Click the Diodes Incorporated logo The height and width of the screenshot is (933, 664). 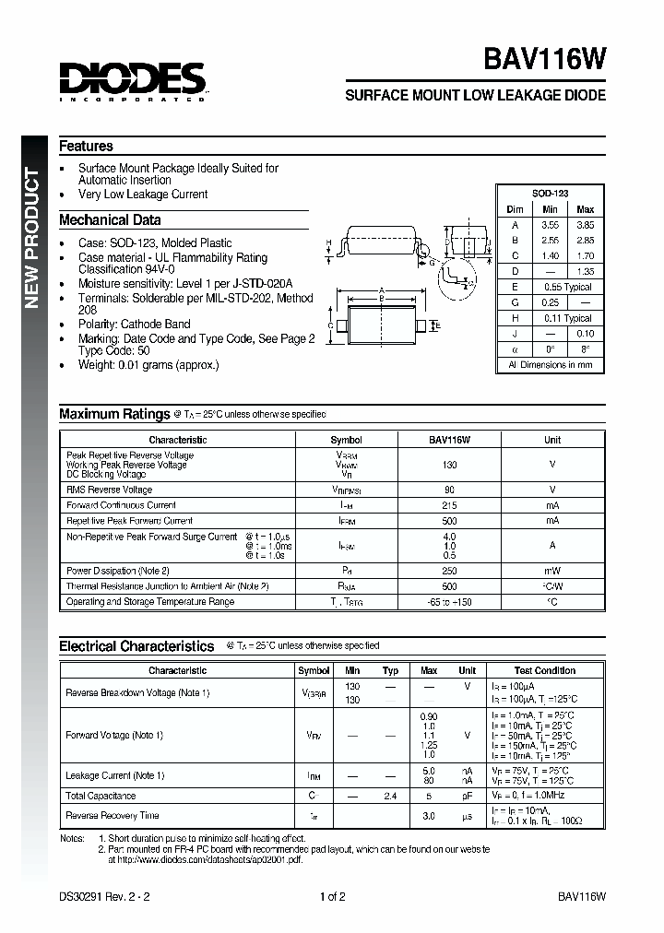[x=132, y=81]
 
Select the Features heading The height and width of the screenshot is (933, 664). [x=86, y=147]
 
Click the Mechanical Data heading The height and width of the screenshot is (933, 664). [x=110, y=220]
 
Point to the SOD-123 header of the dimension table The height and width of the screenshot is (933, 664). [x=550, y=193]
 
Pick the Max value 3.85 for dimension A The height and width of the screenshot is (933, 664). [x=585, y=224]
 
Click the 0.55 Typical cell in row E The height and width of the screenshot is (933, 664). [x=567, y=287]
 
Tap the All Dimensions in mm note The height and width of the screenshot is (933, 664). [x=550, y=365]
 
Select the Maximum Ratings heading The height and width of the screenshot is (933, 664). [x=114, y=415]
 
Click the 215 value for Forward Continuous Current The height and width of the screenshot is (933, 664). [x=449, y=505]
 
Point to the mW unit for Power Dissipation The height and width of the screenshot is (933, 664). [x=551, y=571]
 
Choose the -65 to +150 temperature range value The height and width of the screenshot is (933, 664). [x=449, y=602]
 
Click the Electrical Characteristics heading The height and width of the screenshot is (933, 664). [x=136, y=647]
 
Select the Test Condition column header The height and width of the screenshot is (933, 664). [x=545, y=670]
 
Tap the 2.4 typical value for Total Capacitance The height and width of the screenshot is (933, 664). [x=390, y=796]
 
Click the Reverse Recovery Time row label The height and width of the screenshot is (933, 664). [x=113, y=815]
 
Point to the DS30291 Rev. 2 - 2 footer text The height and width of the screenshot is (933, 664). [x=103, y=896]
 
